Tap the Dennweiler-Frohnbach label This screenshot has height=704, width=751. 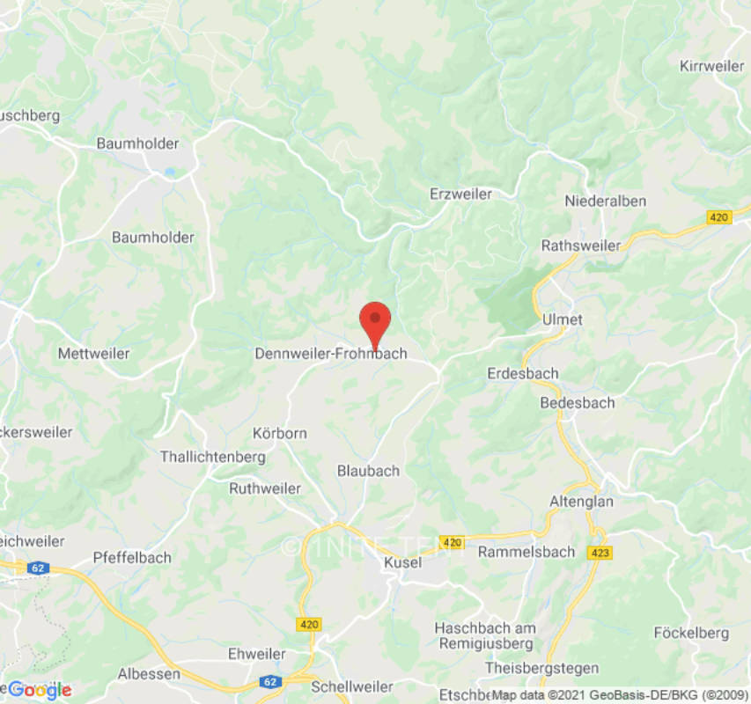(x=330, y=354)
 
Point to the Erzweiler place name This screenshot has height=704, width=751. (x=460, y=194)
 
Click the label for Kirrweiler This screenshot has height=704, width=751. (x=712, y=66)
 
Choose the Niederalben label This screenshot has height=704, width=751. (x=605, y=201)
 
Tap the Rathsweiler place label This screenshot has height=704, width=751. (x=581, y=246)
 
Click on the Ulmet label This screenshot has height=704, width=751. (x=563, y=319)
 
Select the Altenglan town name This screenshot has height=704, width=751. (x=581, y=501)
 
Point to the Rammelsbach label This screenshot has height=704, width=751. (x=526, y=552)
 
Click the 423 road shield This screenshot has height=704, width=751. (x=600, y=553)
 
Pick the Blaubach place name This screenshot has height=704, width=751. (x=368, y=471)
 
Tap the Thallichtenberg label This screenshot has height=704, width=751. (x=212, y=457)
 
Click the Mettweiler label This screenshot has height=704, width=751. (x=93, y=353)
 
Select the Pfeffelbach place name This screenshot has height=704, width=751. (x=132, y=557)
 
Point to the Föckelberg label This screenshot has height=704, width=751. (x=691, y=632)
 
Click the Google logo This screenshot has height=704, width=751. (x=39, y=690)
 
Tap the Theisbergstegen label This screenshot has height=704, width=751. (x=541, y=668)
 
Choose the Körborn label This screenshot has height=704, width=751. (x=279, y=434)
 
